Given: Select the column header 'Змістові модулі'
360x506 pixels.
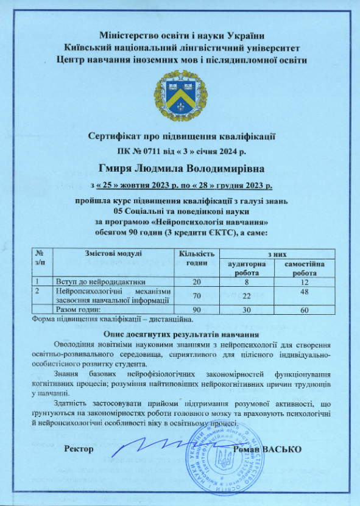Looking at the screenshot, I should pos(110,253).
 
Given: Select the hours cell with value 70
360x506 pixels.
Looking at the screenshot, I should pos(196,296).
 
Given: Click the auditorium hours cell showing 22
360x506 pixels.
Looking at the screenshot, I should pos(246,296).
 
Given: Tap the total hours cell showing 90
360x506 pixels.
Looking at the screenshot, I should pos(196,310).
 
